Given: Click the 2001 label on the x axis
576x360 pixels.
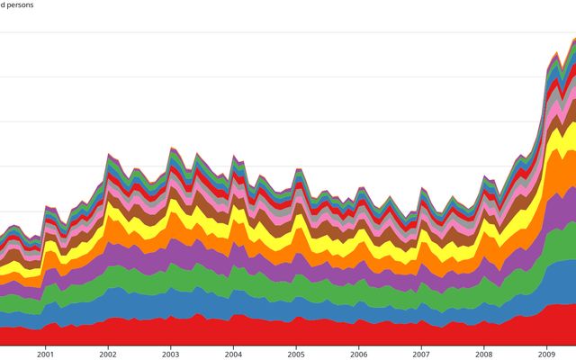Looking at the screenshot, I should (x=45, y=354).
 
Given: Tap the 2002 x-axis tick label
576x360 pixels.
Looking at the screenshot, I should (x=108, y=354).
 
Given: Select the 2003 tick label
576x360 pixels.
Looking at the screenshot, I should (x=170, y=354).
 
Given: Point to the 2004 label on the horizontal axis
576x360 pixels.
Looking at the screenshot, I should (x=233, y=354).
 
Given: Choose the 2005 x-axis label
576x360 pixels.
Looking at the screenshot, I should (x=296, y=354).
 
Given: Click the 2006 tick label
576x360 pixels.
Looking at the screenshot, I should (x=358, y=354).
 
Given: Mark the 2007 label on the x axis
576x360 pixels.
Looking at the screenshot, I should (x=421, y=354).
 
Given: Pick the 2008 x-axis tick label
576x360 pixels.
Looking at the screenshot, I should (x=484, y=354).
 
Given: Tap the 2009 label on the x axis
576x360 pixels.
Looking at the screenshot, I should (x=547, y=354).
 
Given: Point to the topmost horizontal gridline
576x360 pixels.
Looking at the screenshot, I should (x=270, y=32).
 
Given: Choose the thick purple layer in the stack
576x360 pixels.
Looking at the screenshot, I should (x=270, y=264).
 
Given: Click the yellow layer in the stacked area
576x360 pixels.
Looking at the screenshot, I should (x=270, y=220).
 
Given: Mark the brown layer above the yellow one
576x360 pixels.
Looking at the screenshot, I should (x=270, y=209).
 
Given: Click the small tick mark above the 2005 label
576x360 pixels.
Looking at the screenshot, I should (x=296, y=346).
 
